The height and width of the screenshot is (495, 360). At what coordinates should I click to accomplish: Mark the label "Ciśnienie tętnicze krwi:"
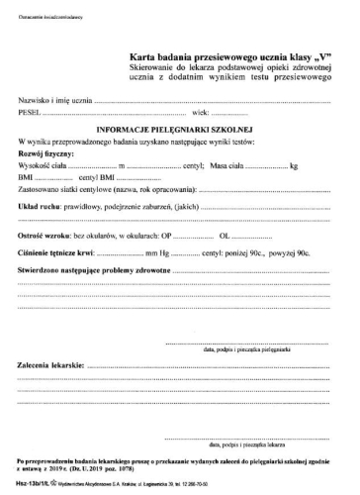click(59, 254)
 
